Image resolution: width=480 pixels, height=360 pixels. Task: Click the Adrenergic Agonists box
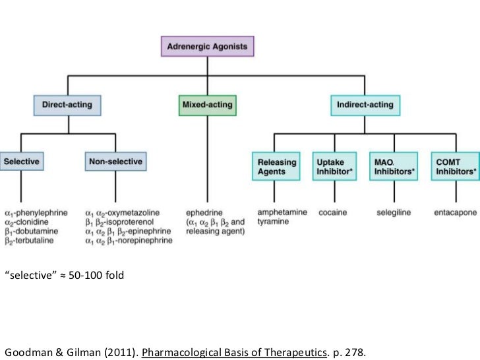208,46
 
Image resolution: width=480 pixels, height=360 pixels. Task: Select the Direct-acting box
67,104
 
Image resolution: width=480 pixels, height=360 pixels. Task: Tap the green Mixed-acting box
206,104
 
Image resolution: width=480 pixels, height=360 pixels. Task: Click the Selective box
21,161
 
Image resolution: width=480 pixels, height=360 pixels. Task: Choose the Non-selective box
115,161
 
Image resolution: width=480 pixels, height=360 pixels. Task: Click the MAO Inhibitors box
394,166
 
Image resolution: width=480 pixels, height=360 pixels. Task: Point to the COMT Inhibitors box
455,166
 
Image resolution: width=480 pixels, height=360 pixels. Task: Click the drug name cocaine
333,213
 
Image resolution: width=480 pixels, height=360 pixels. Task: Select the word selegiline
394,213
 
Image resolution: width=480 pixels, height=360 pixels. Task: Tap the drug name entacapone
456,213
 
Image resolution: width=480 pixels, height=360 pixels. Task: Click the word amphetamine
279,213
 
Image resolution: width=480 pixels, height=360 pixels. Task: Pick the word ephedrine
204,213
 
